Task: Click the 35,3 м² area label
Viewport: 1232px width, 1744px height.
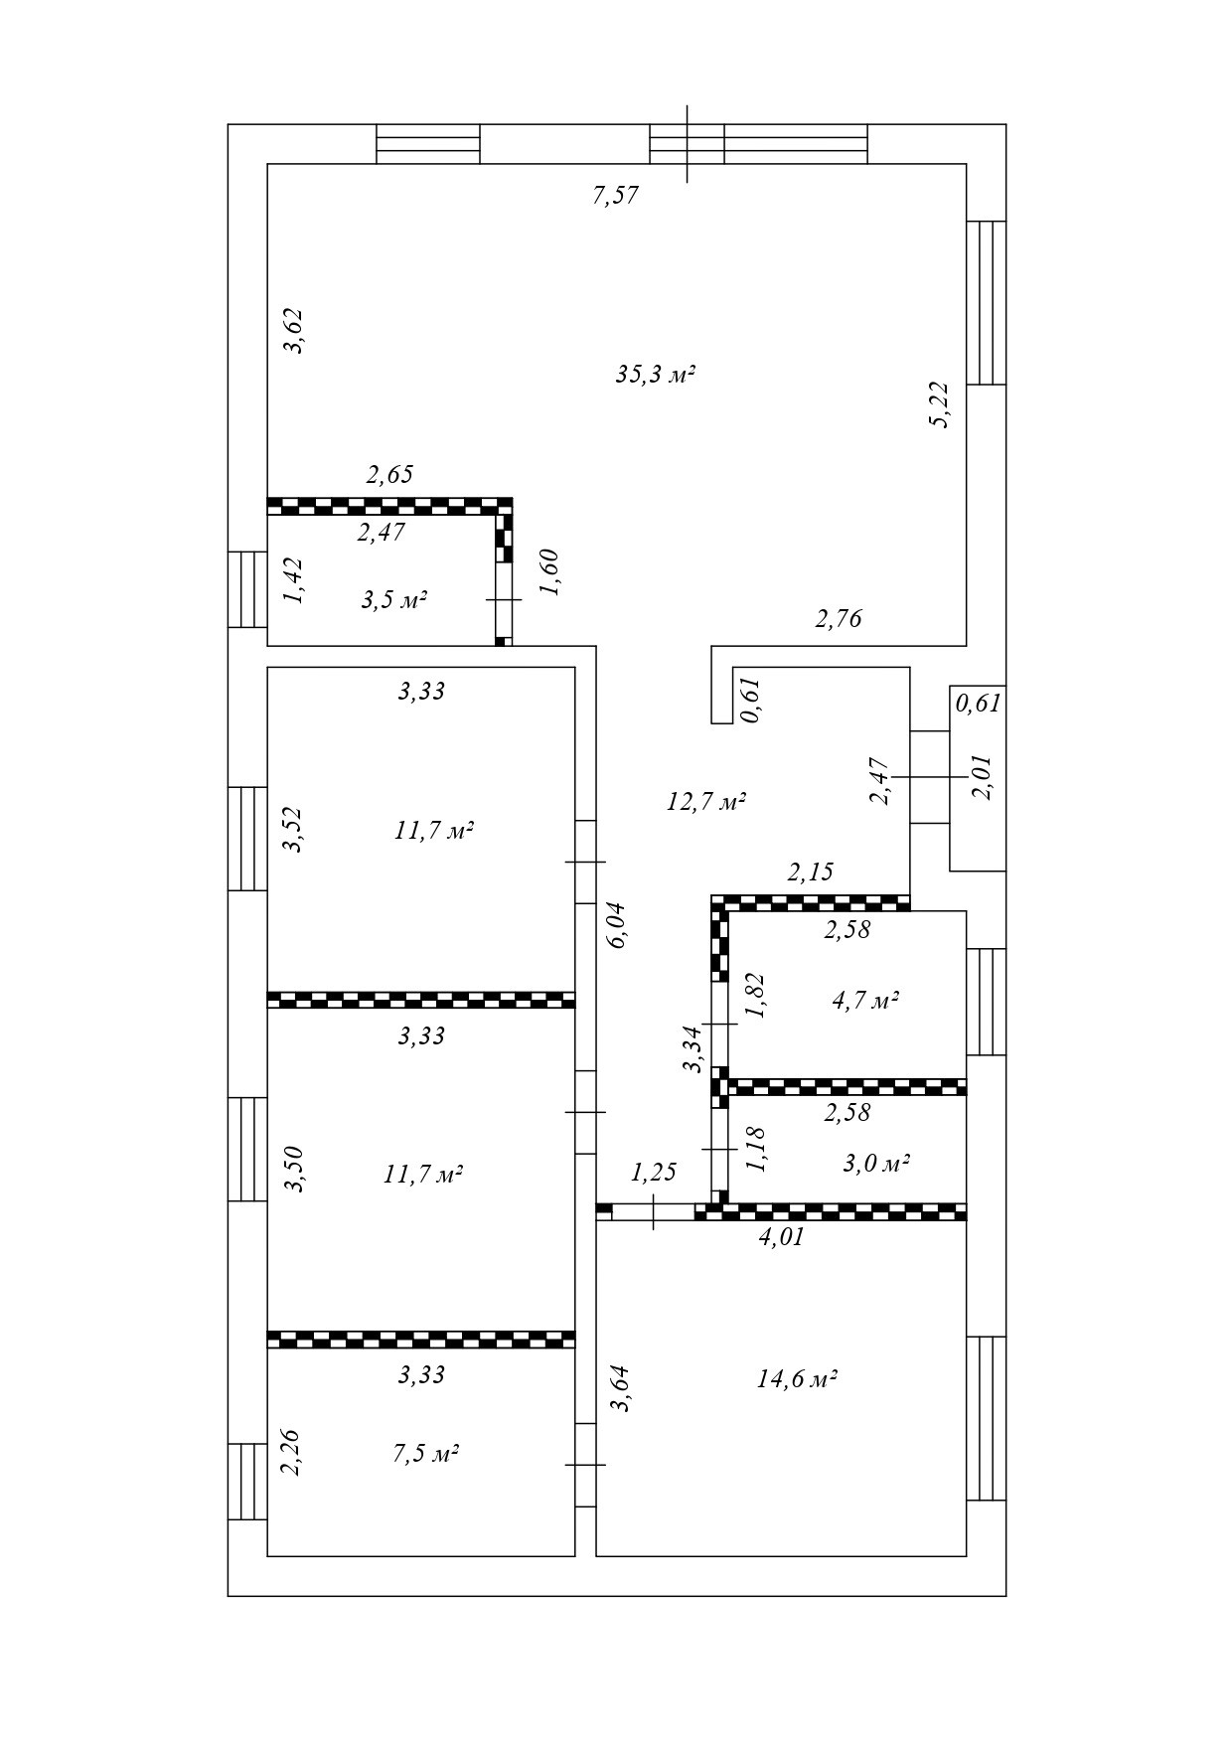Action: [655, 375]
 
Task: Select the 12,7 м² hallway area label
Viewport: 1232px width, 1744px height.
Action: [705, 801]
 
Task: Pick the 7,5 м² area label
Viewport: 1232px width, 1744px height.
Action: [425, 1454]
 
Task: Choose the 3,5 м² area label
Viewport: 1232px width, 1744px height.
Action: [393, 599]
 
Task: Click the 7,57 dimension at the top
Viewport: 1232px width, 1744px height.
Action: [615, 196]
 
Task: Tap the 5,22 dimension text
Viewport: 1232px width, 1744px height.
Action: [939, 404]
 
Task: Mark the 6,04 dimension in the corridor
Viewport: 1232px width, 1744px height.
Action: [617, 924]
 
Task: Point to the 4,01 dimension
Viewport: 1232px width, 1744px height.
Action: [781, 1237]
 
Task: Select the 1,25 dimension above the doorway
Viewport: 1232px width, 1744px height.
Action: [653, 1173]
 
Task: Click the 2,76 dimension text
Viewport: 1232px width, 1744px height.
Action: [838, 619]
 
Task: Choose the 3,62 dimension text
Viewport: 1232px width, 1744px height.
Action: [293, 331]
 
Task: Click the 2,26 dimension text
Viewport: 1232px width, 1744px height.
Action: [290, 1452]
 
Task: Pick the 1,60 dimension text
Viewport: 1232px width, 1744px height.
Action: [549, 572]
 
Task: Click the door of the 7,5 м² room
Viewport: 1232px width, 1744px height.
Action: [585, 1465]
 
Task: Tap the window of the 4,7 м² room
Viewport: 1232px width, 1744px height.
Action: [986, 1001]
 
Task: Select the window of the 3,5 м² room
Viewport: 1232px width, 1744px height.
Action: [247, 589]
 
